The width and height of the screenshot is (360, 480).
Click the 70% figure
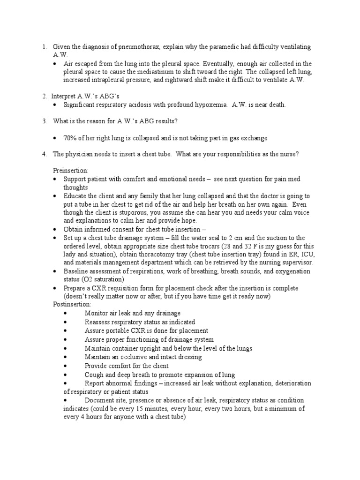click(x=71, y=138)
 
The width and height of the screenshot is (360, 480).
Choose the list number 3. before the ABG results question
click(x=44, y=121)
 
